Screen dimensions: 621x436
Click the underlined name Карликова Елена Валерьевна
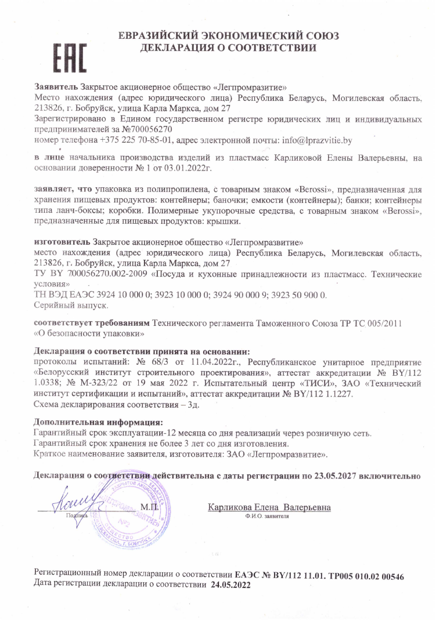(x=269, y=508)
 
